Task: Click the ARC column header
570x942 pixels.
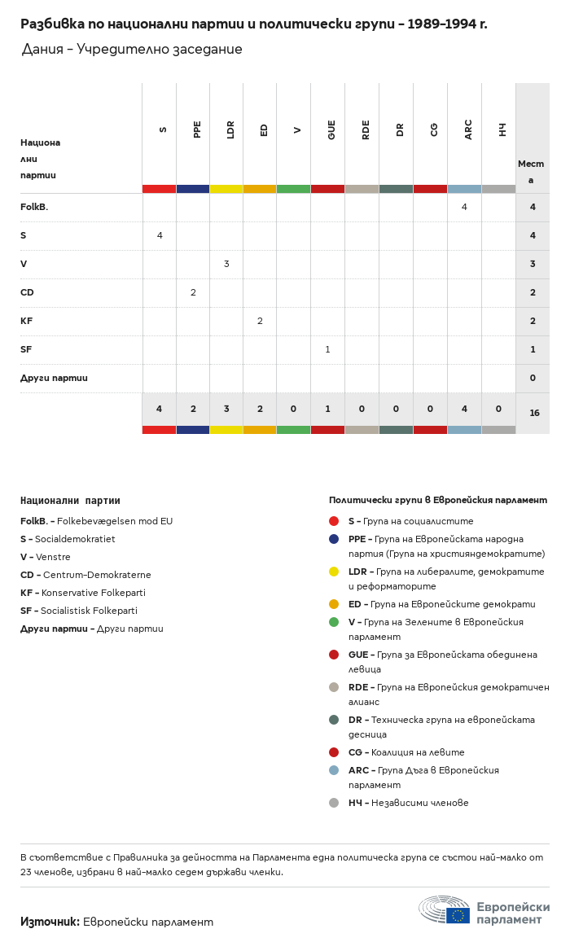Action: pos(468,129)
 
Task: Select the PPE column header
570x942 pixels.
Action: pos(197,129)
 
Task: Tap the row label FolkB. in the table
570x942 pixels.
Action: pos(34,208)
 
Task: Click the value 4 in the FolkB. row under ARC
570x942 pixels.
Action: pos(464,207)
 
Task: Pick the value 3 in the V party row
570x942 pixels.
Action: pos(226,264)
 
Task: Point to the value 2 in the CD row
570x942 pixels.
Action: pos(193,292)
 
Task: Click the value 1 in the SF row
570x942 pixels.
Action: pos(327,349)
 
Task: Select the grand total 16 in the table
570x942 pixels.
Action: pos(534,413)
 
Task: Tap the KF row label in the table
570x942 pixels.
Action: pos(27,321)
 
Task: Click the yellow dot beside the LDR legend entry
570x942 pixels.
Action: pos(334,572)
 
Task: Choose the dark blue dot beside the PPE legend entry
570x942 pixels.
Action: pos(334,539)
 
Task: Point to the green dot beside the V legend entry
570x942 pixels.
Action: pos(334,622)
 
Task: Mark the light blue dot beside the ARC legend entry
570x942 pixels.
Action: pos(334,770)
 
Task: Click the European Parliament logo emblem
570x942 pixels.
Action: pos(445,909)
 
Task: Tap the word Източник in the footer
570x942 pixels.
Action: pos(50,922)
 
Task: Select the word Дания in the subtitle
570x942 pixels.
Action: pos(42,49)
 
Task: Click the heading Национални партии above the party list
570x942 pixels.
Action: pos(70,501)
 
